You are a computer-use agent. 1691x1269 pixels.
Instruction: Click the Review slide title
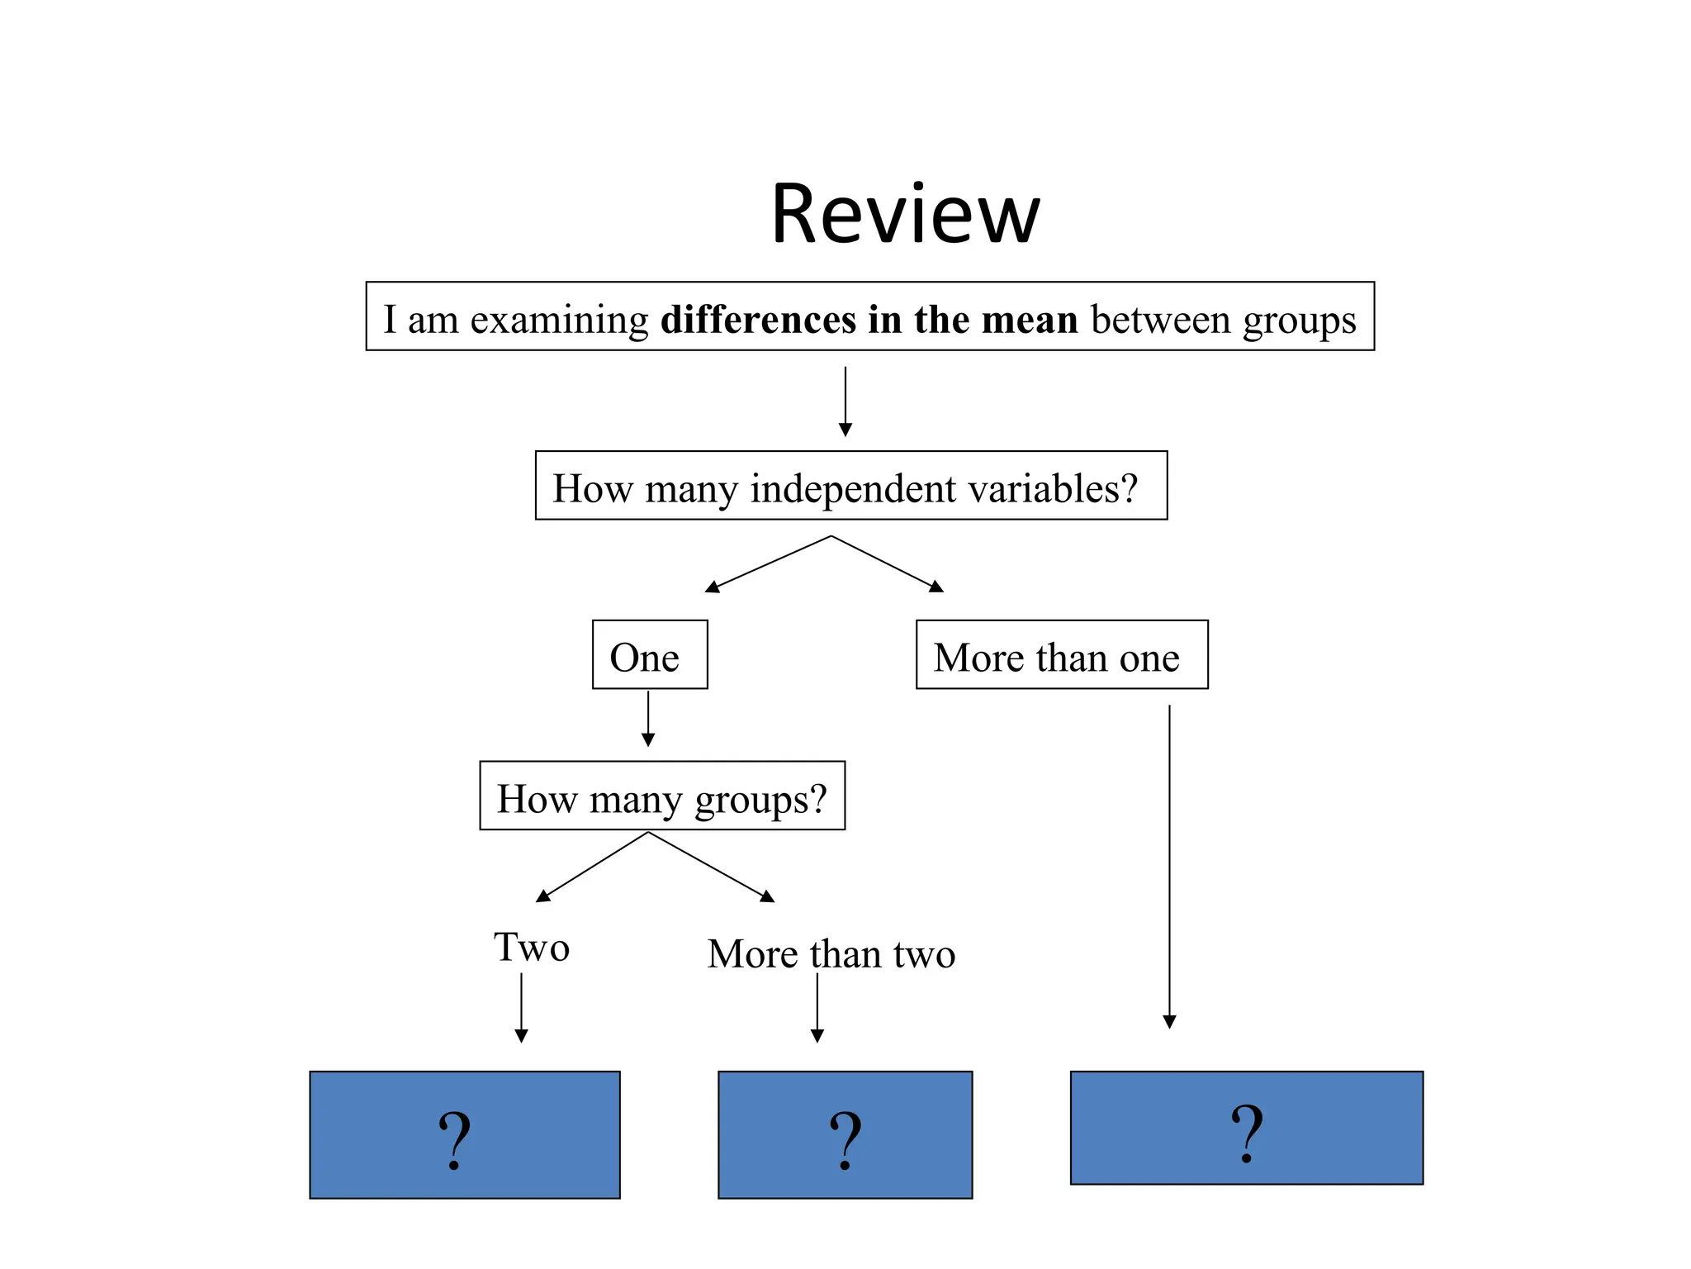905,215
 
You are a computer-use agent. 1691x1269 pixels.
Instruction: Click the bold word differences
758,319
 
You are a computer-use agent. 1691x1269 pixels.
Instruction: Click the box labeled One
650,654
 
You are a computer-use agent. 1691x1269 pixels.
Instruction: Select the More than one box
1061,654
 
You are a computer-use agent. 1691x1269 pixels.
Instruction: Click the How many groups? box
661,796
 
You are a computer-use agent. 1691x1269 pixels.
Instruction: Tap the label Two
532,947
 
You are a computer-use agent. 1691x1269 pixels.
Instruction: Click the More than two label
831,954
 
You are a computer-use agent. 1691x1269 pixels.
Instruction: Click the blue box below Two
464,1134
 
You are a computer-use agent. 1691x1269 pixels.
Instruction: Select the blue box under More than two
845,1134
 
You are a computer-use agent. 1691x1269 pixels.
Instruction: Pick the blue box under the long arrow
1246,1128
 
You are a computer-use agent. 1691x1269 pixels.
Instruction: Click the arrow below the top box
845,402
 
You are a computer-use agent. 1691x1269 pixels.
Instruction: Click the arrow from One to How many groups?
648,719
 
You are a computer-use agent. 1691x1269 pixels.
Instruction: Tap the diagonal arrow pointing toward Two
591,867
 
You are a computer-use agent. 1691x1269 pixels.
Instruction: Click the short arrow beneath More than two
817,1008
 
